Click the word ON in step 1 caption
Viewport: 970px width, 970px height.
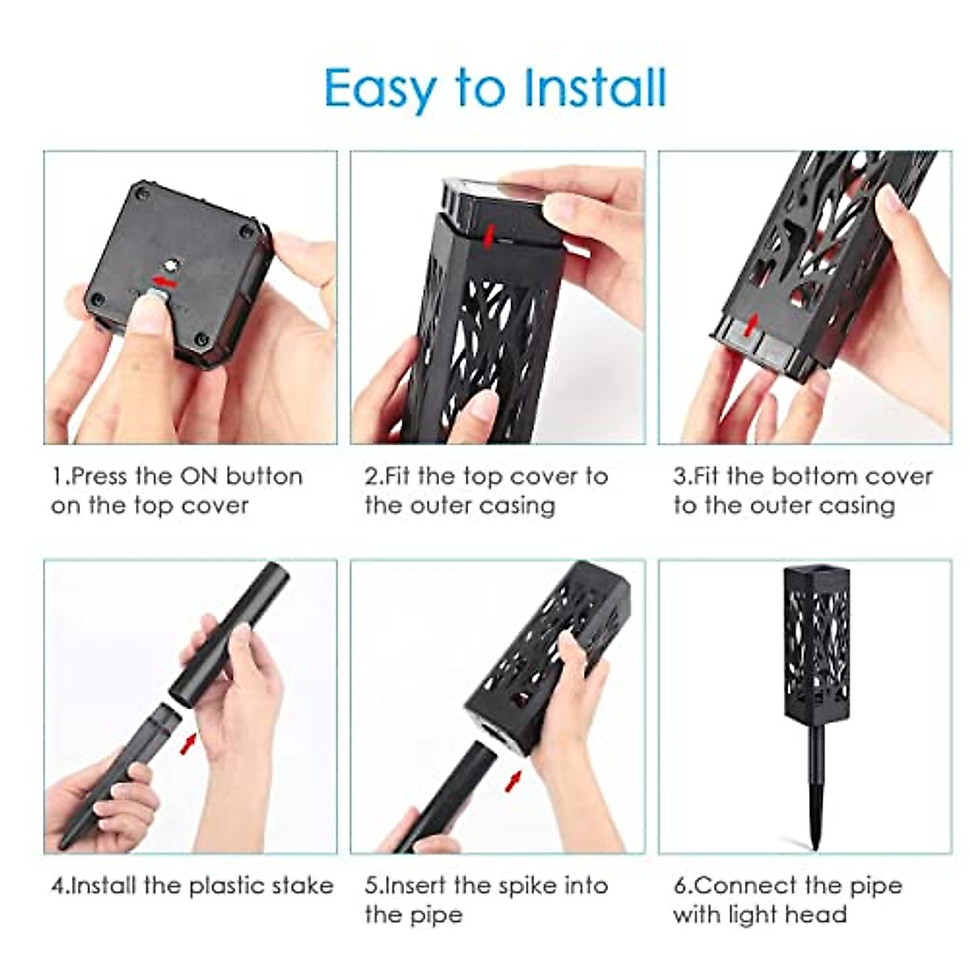point(196,476)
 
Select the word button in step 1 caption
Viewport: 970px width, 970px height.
point(264,476)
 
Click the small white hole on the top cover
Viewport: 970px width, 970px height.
point(170,264)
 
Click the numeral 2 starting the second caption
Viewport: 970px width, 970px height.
point(370,476)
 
